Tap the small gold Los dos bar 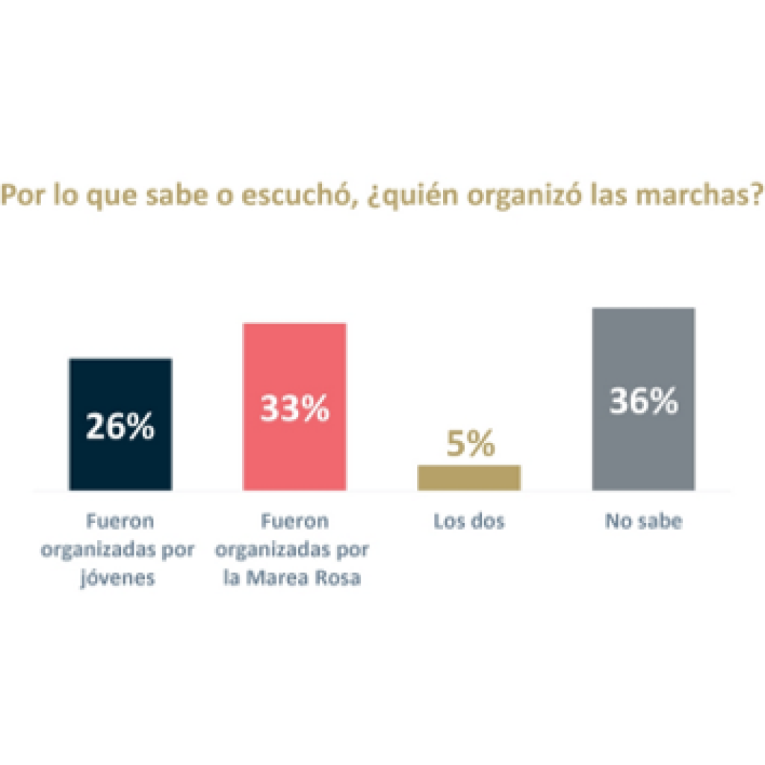pyautogui.click(x=468, y=477)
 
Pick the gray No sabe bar pyautogui.click(x=643, y=448)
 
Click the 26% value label pyautogui.click(x=120, y=426)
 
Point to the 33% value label pyautogui.click(x=294, y=409)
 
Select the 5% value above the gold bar pyautogui.click(x=470, y=445)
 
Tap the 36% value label pyautogui.click(x=643, y=402)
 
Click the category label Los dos pyautogui.click(x=469, y=521)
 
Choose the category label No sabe pyautogui.click(x=643, y=521)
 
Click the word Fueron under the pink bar pyautogui.click(x=293, y=521)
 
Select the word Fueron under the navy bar pyautogui.click(x=120, y=521)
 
